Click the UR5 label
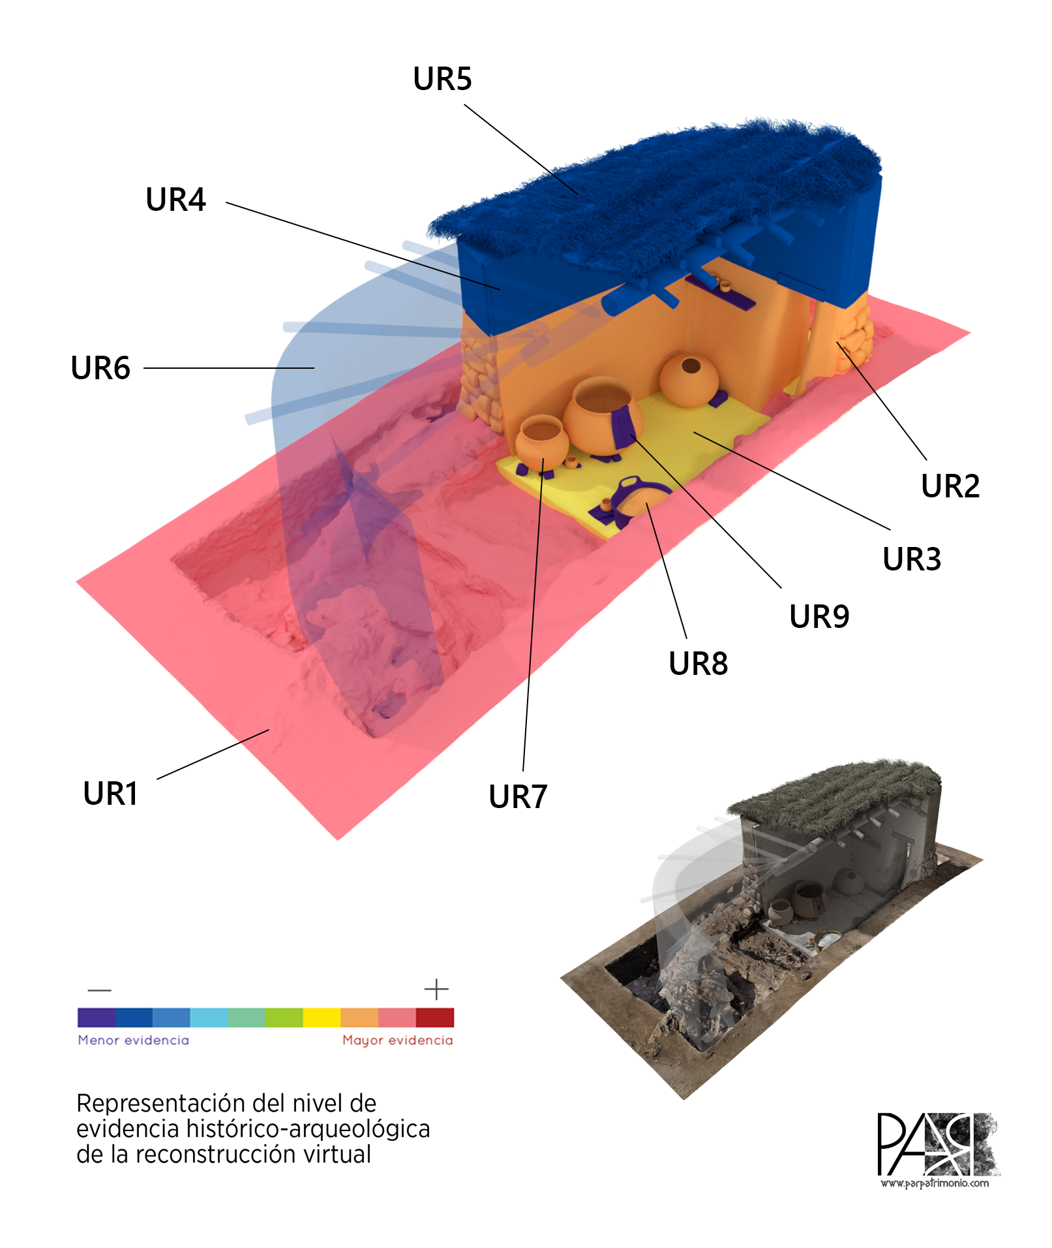tap(442, 79)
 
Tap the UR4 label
tap(175, 200)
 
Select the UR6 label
tap(100, 368)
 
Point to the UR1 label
tap(111, 794)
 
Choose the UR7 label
tap(518, 797)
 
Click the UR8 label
tap(699, 664)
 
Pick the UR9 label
tap(819, 617)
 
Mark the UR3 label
tap(912, 559)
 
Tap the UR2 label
tap(950, 486)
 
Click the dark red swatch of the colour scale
tap(435, 1017)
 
